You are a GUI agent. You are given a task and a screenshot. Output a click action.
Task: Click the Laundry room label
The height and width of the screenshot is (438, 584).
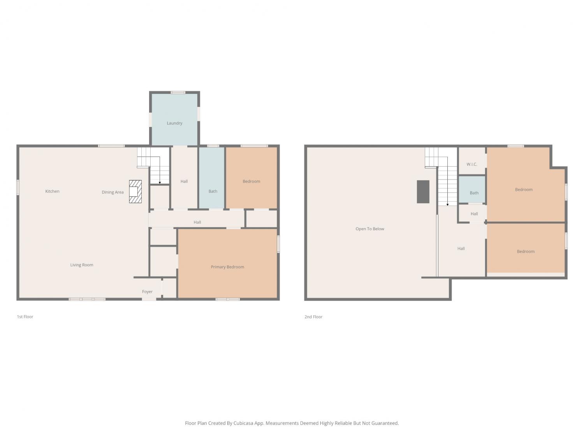tap(174, 123)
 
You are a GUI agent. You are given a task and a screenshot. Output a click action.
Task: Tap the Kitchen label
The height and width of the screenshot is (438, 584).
tap(52, 191)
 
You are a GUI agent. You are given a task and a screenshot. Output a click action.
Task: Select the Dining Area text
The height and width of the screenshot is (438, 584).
tap(113, 192)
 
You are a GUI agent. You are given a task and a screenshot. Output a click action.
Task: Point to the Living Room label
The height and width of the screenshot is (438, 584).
tap(82, 265)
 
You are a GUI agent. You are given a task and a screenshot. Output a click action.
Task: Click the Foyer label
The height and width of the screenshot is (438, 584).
tap(147, 292)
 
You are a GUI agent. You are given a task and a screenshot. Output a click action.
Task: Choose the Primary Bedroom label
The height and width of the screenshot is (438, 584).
tap(227, 267)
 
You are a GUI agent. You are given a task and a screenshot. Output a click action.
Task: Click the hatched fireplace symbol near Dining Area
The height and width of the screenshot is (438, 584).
tap(135, 192)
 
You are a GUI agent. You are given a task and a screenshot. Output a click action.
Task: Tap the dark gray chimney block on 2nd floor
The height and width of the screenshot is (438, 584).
tap(423, 192)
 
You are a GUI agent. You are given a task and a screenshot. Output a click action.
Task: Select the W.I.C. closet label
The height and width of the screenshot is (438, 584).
tap(472, 164)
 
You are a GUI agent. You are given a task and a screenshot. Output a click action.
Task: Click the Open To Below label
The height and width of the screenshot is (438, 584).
tap(370, 229)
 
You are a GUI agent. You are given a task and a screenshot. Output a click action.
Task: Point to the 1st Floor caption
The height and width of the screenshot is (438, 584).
tap(25, 317)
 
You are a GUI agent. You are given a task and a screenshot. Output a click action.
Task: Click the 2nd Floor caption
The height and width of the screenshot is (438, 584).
tap(313, 317)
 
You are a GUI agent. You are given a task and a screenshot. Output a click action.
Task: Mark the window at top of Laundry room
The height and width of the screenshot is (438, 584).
tap(178, 93)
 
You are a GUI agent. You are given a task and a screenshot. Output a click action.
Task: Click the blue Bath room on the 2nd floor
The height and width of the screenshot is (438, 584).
tap(472, 190)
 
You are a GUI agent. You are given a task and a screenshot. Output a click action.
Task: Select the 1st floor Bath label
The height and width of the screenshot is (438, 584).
tap(213, 191)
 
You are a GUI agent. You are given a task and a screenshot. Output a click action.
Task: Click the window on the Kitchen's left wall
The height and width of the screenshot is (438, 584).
tap(18, 188)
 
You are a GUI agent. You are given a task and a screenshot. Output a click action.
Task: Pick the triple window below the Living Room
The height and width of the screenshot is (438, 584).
tap(87, 299)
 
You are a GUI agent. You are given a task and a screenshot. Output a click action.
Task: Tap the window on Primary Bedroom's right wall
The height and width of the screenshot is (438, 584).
tap(278, 244)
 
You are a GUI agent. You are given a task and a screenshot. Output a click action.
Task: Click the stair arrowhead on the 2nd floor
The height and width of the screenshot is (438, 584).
tap(447, 204)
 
